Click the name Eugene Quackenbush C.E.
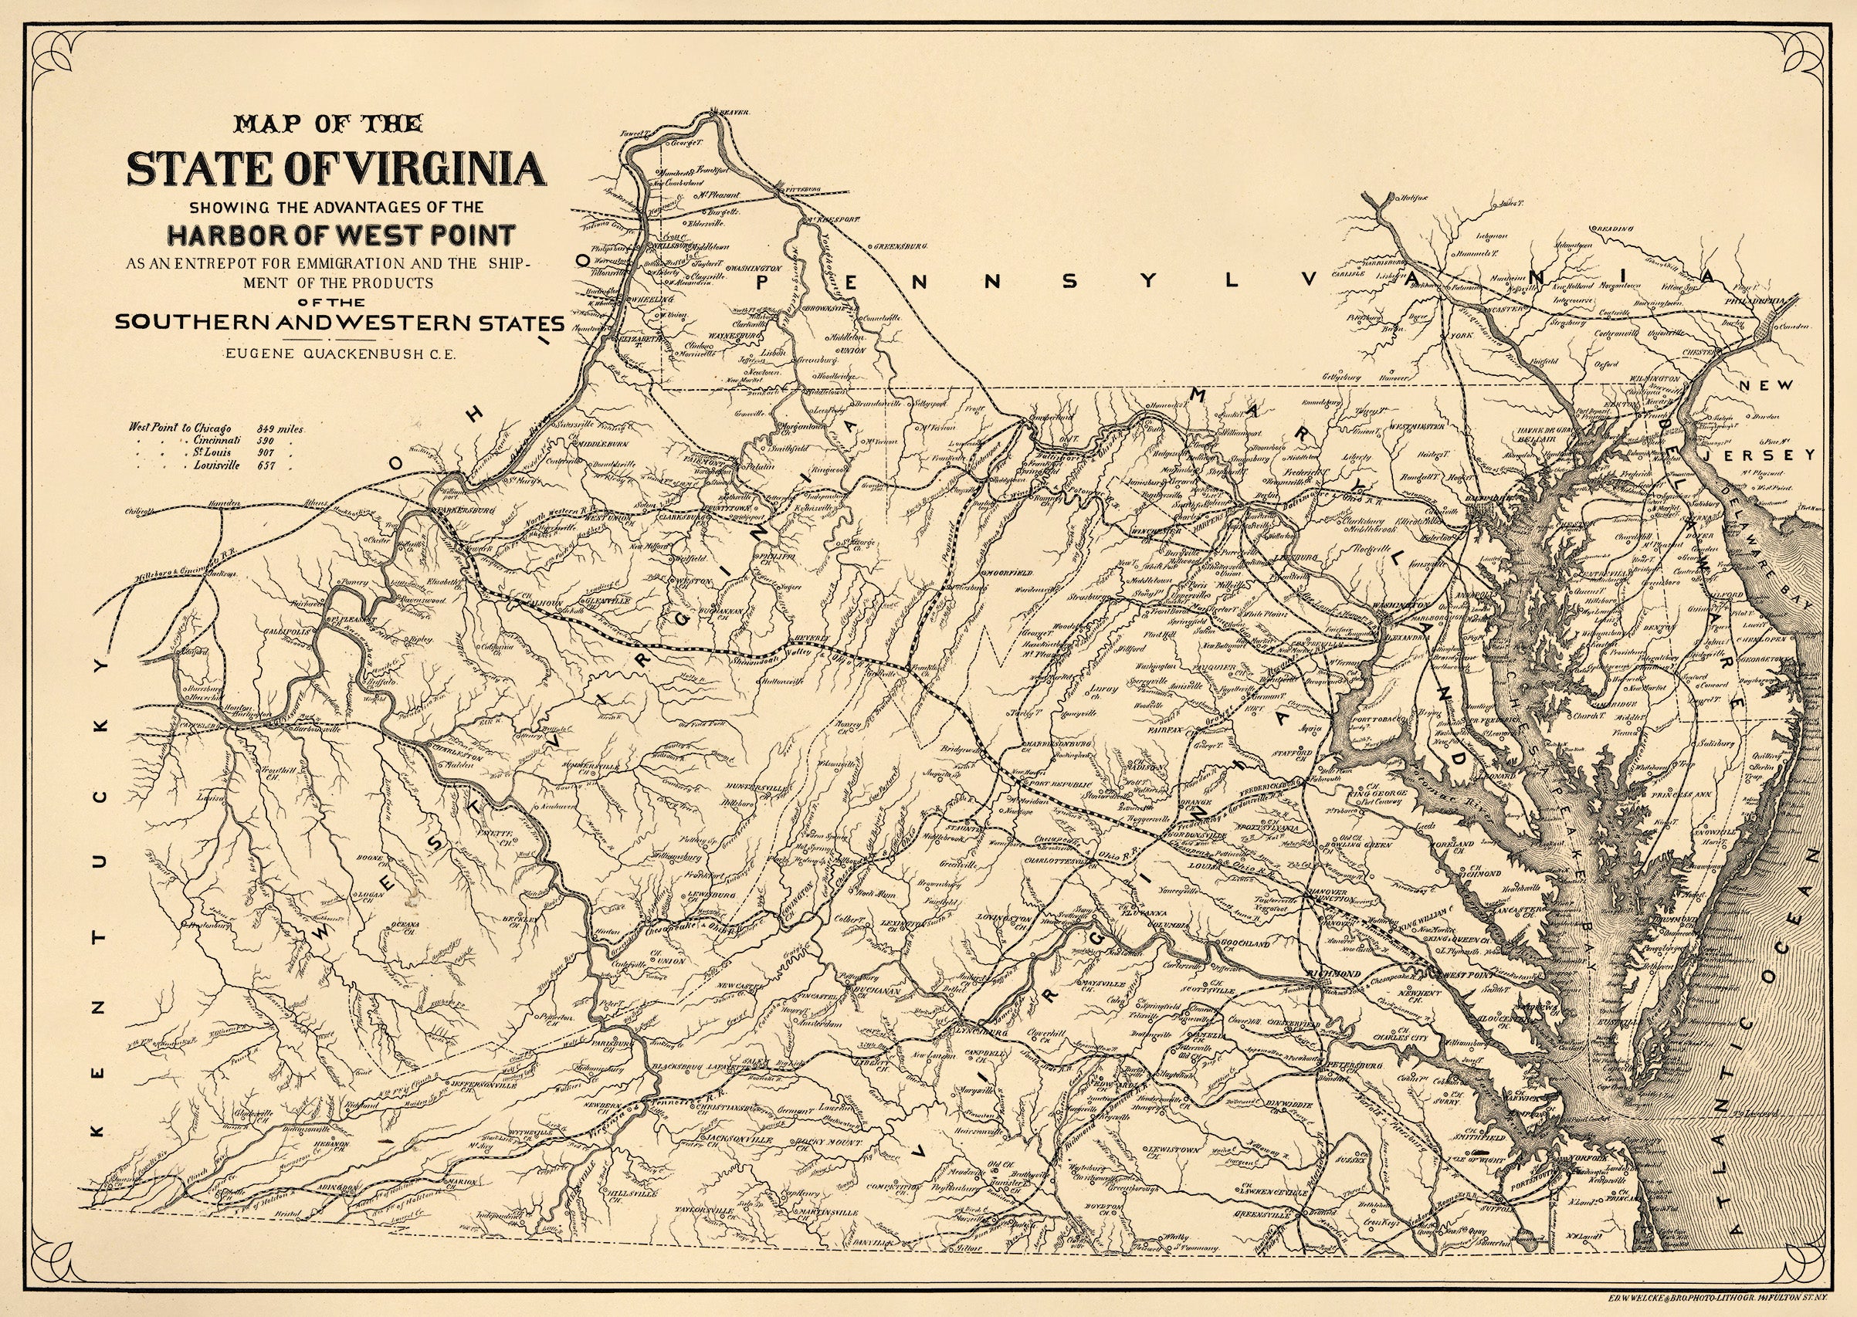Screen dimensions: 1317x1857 click(x=341, y=353)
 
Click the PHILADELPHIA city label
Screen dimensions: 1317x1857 click(x=1759, y=300)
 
